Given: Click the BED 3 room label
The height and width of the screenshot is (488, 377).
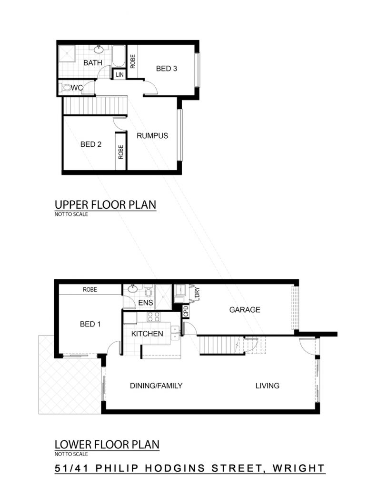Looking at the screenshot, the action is (x=167, y=69).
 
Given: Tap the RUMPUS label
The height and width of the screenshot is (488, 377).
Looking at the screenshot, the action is (x=152, y=136).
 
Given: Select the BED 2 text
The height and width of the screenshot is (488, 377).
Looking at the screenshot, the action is (x=91, y=144).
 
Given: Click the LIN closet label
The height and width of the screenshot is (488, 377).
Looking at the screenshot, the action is (x=119, y=75).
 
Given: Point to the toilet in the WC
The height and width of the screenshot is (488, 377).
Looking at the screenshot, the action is (x=66, y=88).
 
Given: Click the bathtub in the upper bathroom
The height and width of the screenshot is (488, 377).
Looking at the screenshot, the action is (x=119, y=56).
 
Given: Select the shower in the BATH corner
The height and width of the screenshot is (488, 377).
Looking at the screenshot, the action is (x=67, y=53).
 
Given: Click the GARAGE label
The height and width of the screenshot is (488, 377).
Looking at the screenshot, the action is (x=245, y=310).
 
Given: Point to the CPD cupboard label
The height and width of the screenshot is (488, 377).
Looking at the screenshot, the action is (x=186, y=311).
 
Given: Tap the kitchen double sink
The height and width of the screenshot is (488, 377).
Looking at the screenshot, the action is (x=176, y=332).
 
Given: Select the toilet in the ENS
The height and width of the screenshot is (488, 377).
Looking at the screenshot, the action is (x=148, y=291).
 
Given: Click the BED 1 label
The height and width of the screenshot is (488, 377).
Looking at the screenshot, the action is (x=90, y=324).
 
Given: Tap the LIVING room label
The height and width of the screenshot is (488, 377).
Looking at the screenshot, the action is (x=268, y=386).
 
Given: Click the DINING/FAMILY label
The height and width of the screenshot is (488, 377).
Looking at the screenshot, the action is (x=156, y=386).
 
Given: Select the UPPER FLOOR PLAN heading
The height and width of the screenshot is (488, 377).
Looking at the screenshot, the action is (x=105, y=205).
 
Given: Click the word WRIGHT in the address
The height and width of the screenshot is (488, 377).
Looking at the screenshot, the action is (x=298, y=468).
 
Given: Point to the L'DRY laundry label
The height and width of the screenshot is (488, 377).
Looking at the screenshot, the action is (x=197, y=294).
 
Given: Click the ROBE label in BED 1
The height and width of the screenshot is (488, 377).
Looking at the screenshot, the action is (x=90, y=290).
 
